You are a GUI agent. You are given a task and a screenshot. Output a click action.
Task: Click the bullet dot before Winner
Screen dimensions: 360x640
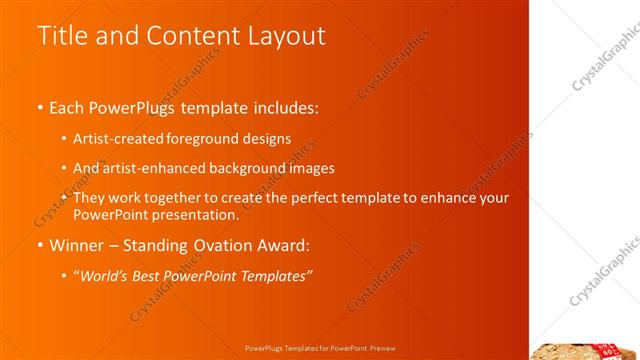point(40,246)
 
